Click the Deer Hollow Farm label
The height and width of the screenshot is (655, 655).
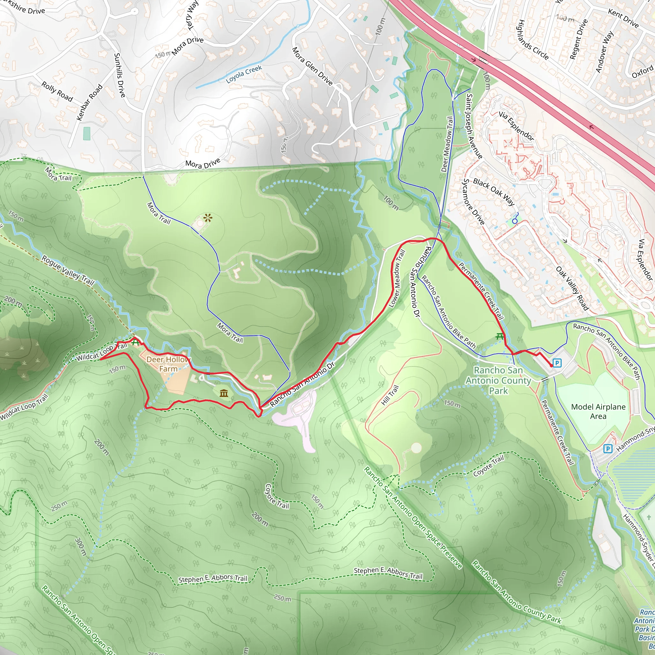169,364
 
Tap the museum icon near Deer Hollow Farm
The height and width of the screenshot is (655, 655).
224,393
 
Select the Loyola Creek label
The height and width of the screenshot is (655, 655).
244,74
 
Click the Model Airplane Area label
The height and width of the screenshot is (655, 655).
598,411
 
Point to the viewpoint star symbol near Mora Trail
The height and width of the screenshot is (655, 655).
208,218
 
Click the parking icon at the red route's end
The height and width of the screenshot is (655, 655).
557,363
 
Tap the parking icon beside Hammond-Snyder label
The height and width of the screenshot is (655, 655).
608,449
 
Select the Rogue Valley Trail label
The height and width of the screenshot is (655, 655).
68,270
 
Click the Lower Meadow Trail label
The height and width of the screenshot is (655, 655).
397,279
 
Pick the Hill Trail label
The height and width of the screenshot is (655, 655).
390,395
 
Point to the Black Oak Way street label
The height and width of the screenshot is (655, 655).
493,192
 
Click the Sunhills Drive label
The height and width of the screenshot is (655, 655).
119,75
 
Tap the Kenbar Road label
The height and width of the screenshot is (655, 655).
89,102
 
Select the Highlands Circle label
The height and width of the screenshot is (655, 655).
533,40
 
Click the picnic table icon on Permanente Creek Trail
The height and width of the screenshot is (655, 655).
499,337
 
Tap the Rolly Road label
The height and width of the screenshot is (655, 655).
57,91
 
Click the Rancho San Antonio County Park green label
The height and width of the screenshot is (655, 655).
498,380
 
